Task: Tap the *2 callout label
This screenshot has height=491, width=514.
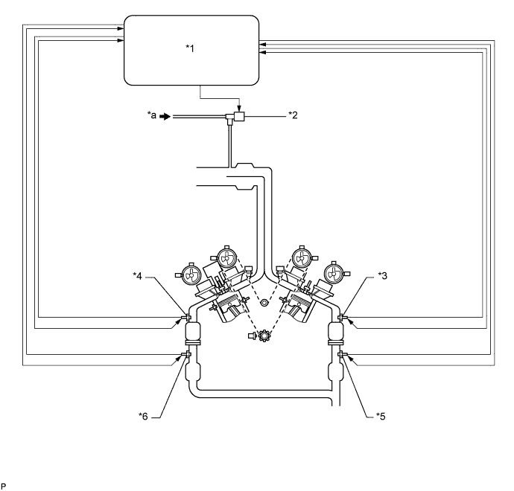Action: [293, 116]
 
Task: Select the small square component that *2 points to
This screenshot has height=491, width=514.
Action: [239, 117]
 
